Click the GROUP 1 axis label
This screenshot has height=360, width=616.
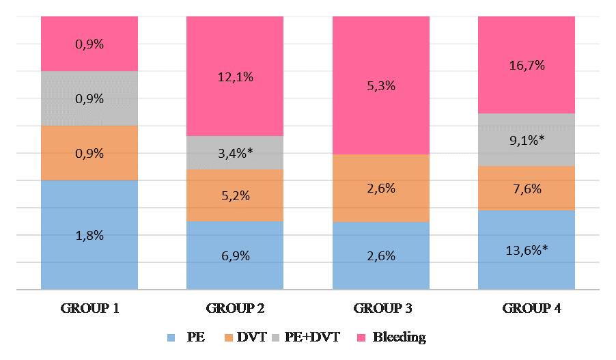coord(89,308)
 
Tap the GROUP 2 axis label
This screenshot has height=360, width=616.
coord(235,308)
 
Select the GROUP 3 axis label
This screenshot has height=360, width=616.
coord(381,308)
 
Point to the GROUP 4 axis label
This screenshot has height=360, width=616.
coord(527,308)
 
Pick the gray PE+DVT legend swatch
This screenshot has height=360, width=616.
coord(277,337)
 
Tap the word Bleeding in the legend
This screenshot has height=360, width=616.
coord(400,337)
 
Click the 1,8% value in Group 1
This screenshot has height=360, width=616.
coord(89,235)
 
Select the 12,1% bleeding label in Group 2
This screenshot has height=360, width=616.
coord(235,77)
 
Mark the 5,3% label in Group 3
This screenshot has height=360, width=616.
coord(381,86)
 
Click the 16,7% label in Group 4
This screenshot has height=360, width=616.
coord(527,66)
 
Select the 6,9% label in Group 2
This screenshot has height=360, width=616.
coord(235,256)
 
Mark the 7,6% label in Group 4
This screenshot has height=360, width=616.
coord(527,189)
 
